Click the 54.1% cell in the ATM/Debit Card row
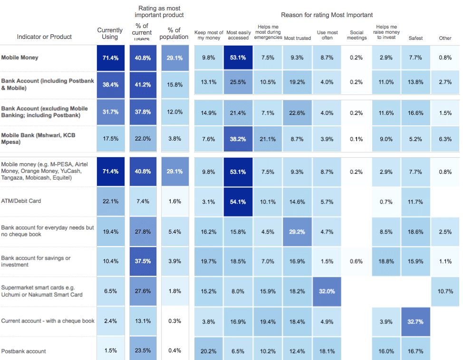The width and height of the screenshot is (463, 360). click(238, 201)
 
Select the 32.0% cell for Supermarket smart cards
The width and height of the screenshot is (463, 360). click(327, 291)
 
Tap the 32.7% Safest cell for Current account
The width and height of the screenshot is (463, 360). click(415, 321)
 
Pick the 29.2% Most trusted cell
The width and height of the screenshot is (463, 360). click(297, 232)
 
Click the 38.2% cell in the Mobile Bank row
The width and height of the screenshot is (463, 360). click(238, 139)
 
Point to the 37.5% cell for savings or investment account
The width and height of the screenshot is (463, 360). click(143, 262)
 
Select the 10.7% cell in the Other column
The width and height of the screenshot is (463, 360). click(445, 291)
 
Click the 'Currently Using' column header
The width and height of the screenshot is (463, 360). click(110, 33)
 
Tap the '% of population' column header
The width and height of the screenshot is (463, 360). click(174, 33)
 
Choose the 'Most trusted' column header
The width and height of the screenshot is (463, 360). click(297, 38)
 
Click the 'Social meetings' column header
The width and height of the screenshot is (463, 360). click(357, 35)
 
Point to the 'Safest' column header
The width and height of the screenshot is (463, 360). click(415, 38)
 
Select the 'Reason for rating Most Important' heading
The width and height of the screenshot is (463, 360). click(327, 15)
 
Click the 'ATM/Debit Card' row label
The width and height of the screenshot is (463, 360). click(21, 201)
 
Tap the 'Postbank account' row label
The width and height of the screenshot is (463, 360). click(24, 351)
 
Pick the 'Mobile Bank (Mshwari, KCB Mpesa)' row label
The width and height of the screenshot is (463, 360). click(38, 139)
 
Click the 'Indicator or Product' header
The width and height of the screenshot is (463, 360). click(44, 37)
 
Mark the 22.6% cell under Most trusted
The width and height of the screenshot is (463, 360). click(297, 112)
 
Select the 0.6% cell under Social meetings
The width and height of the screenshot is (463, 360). click(357, 262)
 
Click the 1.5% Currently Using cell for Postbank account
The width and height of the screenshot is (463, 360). click(110, 351)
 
